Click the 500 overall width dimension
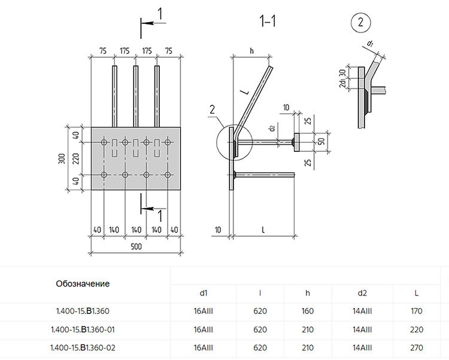[x=136, y=246]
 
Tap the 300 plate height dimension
[x=62, y=158]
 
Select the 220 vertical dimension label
[x=75, y=158]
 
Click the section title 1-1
[x=268, y=21]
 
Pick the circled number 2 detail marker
[x=360, y=22]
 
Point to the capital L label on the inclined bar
[x=244, y=91]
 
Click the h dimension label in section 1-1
[x=251, y=51]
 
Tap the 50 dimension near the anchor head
[x=321, y=141]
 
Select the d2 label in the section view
[x=272, y=128]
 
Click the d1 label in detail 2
[x=370, y=44]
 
